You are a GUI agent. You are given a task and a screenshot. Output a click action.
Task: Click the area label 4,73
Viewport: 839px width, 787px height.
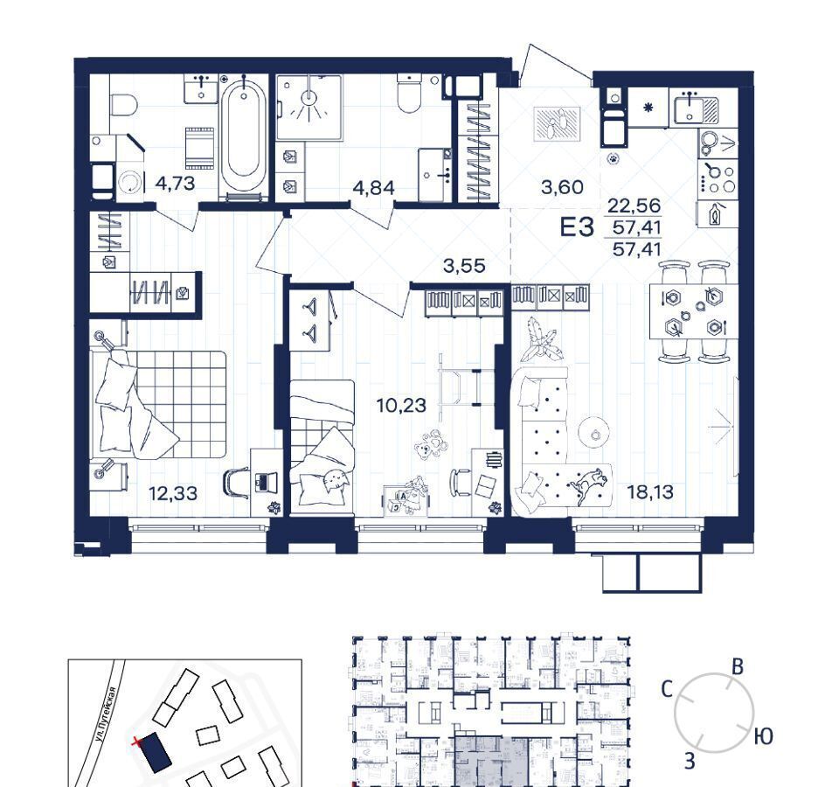175,184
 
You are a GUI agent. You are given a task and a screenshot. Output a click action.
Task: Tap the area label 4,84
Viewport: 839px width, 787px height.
374,188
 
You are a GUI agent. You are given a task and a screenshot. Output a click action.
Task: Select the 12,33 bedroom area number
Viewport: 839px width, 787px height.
173,493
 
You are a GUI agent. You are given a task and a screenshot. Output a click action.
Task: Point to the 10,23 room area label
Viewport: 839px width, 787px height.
401,405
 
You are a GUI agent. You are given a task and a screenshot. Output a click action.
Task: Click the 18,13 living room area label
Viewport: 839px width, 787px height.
650,491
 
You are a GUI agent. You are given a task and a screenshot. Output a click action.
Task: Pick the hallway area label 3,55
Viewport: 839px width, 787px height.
464,266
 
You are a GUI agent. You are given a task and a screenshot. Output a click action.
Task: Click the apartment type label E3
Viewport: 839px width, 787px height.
577,227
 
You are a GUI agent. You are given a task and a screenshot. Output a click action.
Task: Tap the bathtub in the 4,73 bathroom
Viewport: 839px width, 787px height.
244,137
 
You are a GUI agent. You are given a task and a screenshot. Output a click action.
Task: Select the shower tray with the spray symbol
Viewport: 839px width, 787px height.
309,107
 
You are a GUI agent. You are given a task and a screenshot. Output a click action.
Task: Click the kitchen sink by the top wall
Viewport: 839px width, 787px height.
696,108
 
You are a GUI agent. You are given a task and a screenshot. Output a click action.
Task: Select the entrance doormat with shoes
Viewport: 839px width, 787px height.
557,124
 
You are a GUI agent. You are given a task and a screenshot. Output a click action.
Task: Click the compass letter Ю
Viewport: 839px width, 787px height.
764,736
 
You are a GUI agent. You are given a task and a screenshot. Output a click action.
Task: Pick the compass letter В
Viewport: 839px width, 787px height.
738,667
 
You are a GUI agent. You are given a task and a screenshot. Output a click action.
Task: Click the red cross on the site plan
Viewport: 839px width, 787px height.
137,742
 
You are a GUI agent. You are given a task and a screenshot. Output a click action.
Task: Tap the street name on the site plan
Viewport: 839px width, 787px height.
104,715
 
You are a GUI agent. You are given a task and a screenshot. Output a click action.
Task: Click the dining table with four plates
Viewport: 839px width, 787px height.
693,311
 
